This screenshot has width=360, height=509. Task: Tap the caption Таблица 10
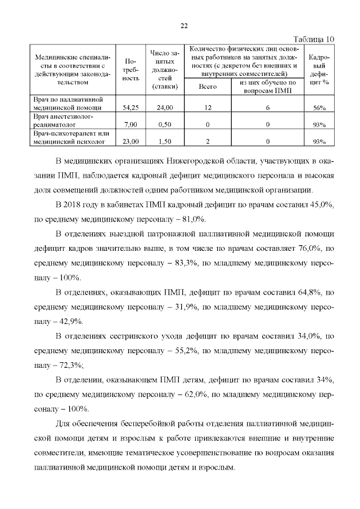pos(314,39)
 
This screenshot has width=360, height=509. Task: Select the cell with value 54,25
pos(130,107)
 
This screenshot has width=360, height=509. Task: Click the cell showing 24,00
pos(165,107)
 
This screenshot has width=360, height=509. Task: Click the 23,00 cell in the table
pos(130,142)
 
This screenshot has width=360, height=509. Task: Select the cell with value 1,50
pos(165,142)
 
